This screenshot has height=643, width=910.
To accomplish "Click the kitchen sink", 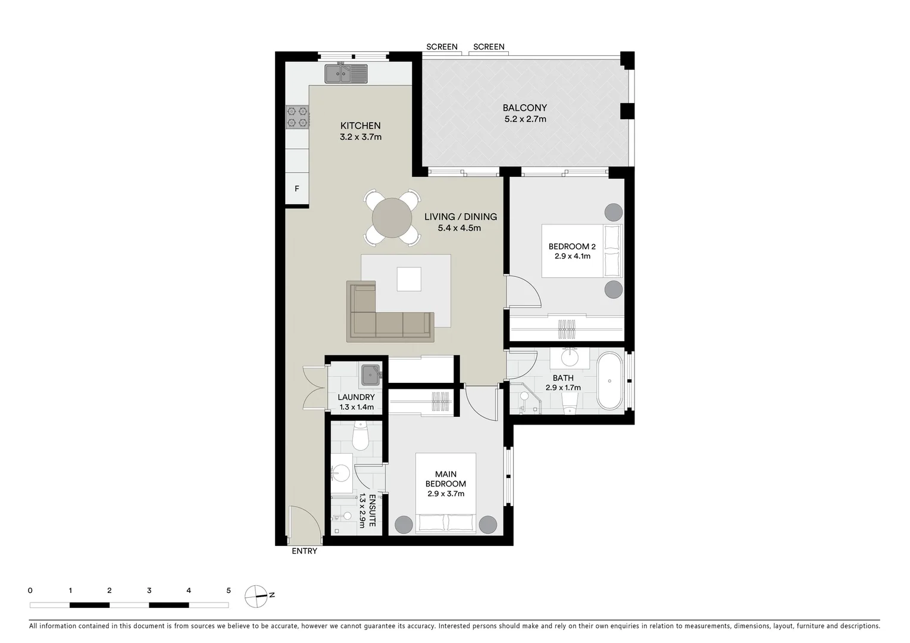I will [346, 74].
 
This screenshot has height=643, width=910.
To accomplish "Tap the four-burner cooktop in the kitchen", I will [297, 117].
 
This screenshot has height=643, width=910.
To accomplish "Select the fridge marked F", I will [297, 189].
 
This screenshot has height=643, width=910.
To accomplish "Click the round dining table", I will [392, 217].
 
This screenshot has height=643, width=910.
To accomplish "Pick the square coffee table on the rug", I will [409, 279].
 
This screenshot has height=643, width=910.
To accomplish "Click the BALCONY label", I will [524, 108].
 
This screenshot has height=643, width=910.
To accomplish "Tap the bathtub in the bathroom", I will [609, 381].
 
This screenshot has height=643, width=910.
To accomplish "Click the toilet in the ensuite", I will [361, 436].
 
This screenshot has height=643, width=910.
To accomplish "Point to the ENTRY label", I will [304, 551].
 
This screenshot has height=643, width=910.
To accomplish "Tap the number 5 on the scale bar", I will [229, 591].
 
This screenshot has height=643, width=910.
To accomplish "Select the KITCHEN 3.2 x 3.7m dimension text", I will [360, 137].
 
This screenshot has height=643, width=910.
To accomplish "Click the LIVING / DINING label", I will [460, 217].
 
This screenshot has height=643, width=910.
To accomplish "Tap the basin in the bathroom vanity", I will [570, 357].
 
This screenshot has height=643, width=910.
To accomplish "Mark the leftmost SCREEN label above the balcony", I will [442, 46].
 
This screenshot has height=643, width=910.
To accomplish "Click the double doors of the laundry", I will [314, 388].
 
